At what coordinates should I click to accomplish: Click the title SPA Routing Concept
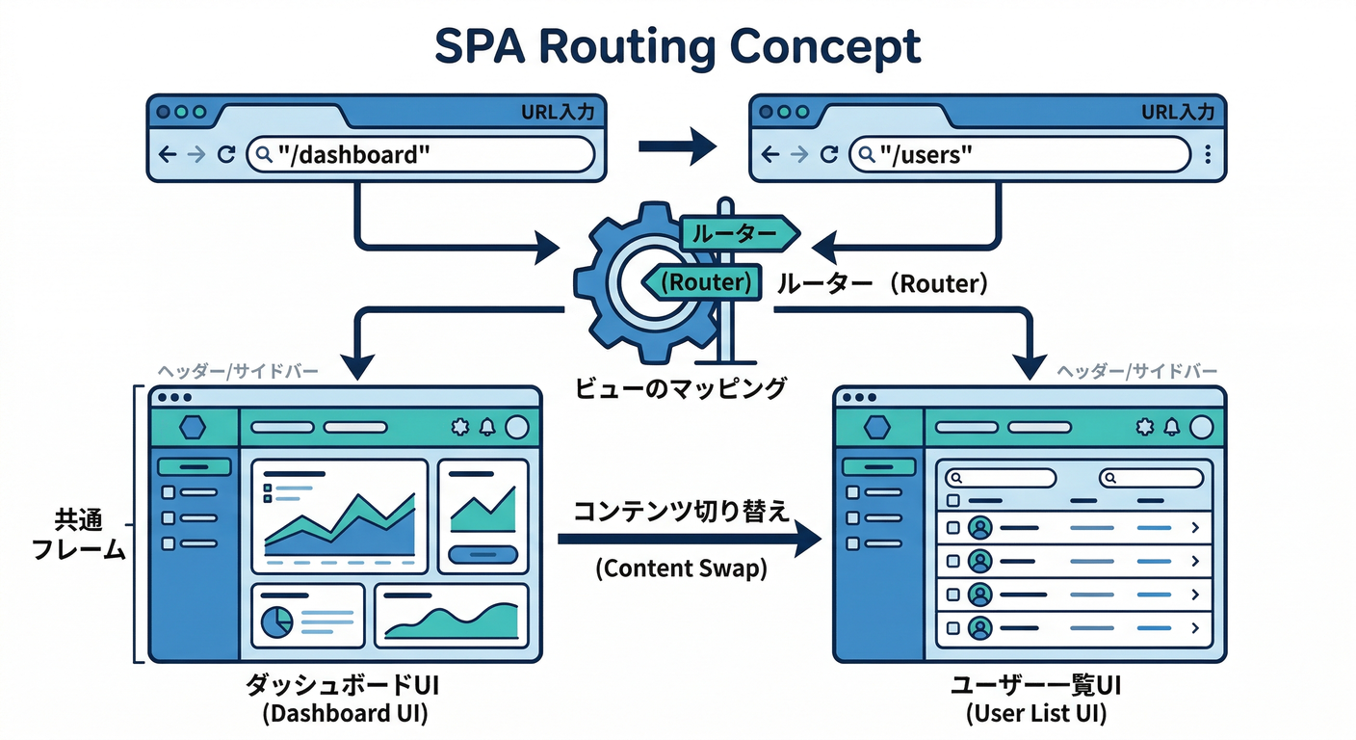click(x=677, y=46)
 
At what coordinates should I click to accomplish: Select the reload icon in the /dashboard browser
click(x=226, y=154)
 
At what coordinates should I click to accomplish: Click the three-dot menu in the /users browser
click(x=1208, y=154)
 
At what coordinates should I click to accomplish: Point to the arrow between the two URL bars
click(x=678, y=146)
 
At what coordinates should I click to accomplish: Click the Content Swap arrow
click(x=689, y=541)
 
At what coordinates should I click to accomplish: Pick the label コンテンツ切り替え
click(x=681, y=511)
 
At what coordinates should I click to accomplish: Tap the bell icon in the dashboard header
click(x=487, y=427)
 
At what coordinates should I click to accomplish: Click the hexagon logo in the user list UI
click(x=877, y=427)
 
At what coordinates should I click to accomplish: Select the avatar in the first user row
click(x=980, y=527)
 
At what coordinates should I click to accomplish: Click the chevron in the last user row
click(x=1195, y=628)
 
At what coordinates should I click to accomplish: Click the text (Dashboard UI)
click(x=345, y=714)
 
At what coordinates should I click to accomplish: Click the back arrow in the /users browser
click(x=769, y=154)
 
